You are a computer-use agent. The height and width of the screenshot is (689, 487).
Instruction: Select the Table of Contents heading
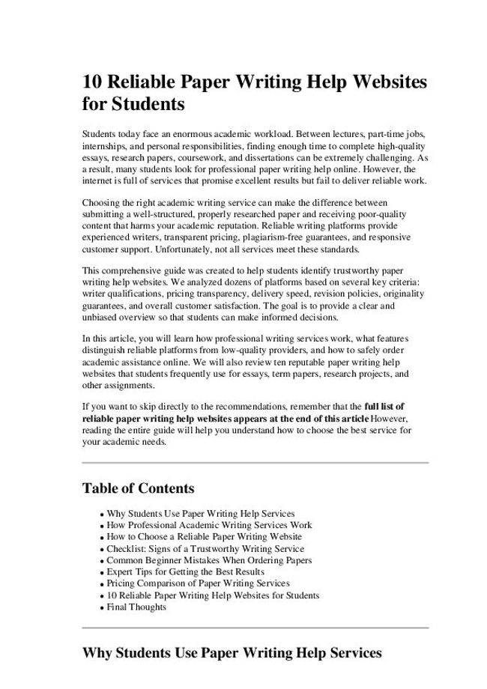(138, 489)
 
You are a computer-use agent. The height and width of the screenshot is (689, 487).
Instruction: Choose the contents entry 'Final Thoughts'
(136, 607)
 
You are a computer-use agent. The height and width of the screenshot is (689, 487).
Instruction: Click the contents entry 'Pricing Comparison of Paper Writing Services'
(198, 583)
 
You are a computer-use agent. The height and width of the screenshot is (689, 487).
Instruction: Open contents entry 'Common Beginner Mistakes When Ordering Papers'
(209, 559)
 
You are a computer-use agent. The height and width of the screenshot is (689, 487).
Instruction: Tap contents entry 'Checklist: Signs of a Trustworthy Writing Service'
(205, 548)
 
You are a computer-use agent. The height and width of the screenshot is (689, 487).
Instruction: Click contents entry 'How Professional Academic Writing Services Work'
(209, 525)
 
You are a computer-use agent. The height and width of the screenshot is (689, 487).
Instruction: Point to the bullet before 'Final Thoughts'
(101, 608)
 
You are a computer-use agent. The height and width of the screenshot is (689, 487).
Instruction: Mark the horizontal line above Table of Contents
(255, 463)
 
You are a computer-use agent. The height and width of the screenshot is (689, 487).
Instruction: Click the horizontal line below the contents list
(255, 627)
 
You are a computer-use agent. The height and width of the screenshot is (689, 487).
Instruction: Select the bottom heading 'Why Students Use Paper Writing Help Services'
(232, 653)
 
